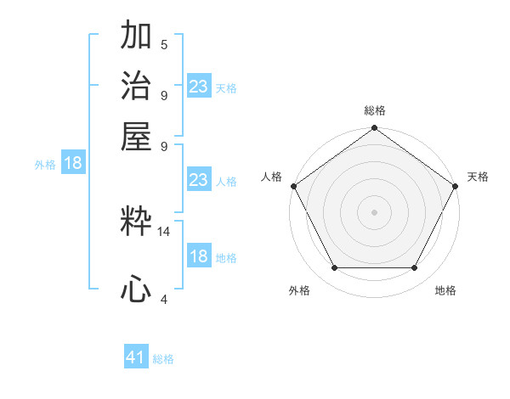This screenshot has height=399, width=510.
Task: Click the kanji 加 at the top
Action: (x=136, y=37)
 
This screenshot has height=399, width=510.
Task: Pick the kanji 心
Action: (x=136, y=289)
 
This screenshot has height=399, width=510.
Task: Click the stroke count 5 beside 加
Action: (x=164, y=45)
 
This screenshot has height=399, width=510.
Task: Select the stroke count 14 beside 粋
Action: (x=164, y=231)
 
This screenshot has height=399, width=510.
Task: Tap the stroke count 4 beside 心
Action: (x=164, y=298)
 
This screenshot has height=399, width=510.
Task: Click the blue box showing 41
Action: (x=136, y=357)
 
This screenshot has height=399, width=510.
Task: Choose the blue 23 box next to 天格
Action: (x=198, y=87)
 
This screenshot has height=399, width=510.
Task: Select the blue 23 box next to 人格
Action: (x=198, y=180)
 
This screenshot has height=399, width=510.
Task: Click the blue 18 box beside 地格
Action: (x=198, y=256)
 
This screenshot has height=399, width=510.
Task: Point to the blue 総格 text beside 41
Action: (x=163, y=359)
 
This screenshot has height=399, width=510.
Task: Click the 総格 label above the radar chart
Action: (x=374, y=110)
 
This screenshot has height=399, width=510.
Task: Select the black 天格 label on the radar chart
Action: (x=478, y=177)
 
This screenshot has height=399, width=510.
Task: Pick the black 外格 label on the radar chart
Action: (x=299, y=290)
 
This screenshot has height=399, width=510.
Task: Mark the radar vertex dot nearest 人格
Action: (x=293, y=186)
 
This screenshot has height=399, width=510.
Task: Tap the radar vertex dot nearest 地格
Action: (x=415, y=268)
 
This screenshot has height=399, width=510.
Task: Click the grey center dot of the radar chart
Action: (x=374, y=211)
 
